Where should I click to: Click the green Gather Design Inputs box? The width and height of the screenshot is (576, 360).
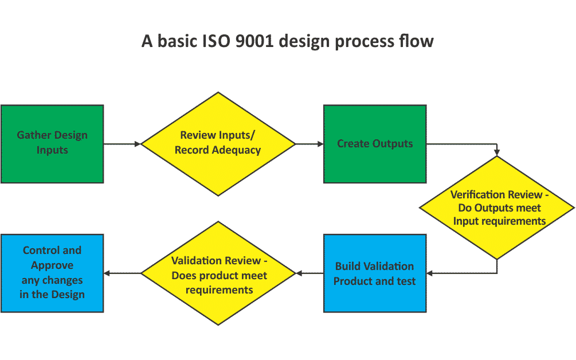pos(52,143)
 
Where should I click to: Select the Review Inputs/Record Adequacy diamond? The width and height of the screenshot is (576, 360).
pos(218,143)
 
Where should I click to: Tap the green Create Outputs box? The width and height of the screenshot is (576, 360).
pos(375,143)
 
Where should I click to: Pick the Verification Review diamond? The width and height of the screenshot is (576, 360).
pos(497,208)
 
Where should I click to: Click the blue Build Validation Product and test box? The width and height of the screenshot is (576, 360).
pos(375,273)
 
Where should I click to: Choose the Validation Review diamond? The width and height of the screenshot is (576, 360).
pos(218,274)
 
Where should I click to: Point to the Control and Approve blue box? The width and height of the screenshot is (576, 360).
pos(52,273)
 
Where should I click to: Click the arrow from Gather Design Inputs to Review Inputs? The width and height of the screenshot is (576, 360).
pos(122,144)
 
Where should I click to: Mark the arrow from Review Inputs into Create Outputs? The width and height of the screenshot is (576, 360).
pos(309,144)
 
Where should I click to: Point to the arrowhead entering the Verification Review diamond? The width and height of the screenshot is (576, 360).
pos(497,152)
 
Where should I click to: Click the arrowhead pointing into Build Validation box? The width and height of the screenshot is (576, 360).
pos(430,273)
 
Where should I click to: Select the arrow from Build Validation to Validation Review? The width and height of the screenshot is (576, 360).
pos(309,273)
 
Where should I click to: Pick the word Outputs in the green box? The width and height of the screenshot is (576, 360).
pos(393,143)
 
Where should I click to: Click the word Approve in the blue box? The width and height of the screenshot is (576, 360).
pos(52,265)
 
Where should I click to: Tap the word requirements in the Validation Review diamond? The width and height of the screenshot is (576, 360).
pos(219,289)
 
